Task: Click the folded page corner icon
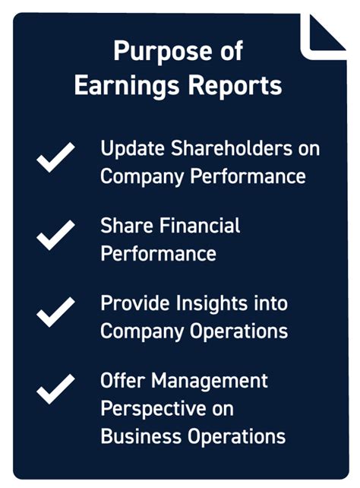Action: pyautogui.click(x=325, y=34)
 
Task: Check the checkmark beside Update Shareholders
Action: pyautogui.click(x=56, y=157)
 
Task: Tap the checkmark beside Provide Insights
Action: pyautogui.click(x=56, y=312)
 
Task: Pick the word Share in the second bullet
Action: pyautogui.click(x=121, y=227)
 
